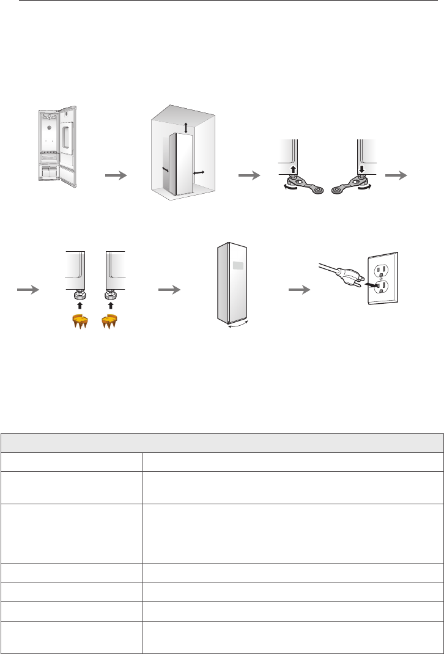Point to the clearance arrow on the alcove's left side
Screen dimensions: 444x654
click(x=165, y=169)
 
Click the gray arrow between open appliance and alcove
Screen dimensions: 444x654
click(x=116, y=175)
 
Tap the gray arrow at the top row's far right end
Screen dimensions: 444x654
click(x=398, y=175)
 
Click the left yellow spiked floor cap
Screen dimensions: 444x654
click(x=76, y=321)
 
